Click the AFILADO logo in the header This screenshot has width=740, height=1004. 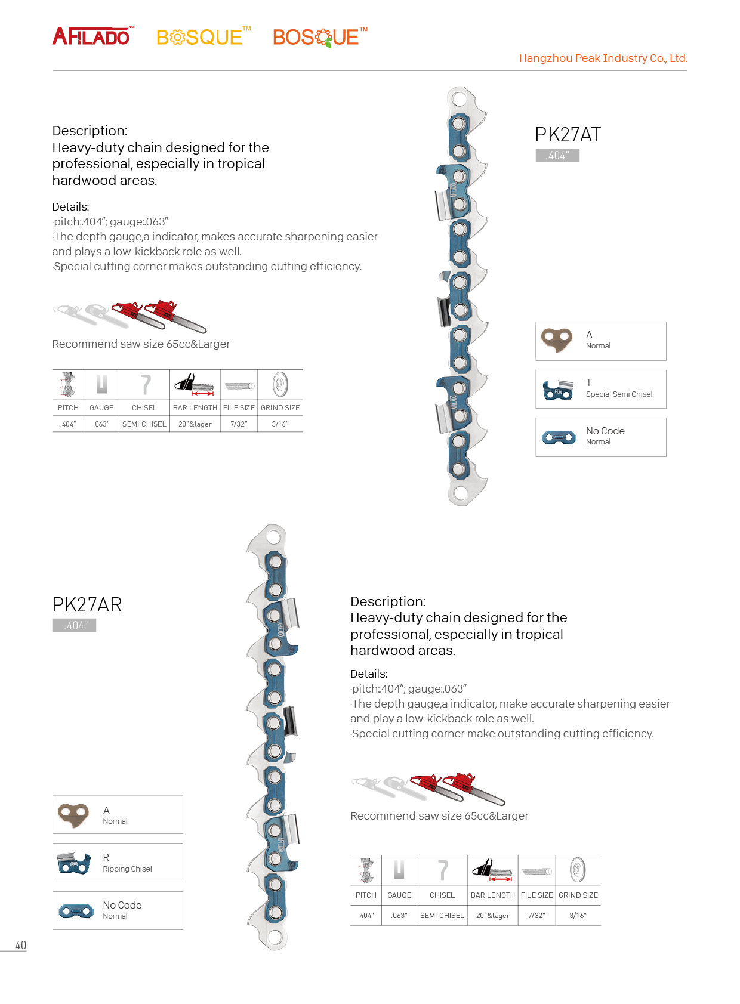92,36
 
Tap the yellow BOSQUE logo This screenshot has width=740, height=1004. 202,37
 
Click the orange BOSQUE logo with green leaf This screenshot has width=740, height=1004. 319,37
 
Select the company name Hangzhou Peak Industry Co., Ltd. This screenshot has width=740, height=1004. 603,58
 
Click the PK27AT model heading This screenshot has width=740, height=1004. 568,135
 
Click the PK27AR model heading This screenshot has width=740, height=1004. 87,605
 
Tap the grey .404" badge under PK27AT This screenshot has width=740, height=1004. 557,156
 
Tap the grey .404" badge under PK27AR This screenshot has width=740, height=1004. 75,625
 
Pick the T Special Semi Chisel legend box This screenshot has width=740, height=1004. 600,389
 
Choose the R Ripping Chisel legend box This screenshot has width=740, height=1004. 118,863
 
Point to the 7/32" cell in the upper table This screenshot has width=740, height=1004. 239,424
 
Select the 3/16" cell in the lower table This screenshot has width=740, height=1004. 578,916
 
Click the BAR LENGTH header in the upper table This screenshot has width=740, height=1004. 195,408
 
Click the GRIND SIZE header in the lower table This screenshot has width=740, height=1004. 578,895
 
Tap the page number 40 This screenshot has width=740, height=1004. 21,945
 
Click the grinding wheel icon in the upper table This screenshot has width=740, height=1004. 280,385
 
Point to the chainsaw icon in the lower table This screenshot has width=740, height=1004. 492,870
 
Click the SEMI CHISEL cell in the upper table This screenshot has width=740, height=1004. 144,424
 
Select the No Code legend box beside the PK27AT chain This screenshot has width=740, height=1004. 600,437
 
